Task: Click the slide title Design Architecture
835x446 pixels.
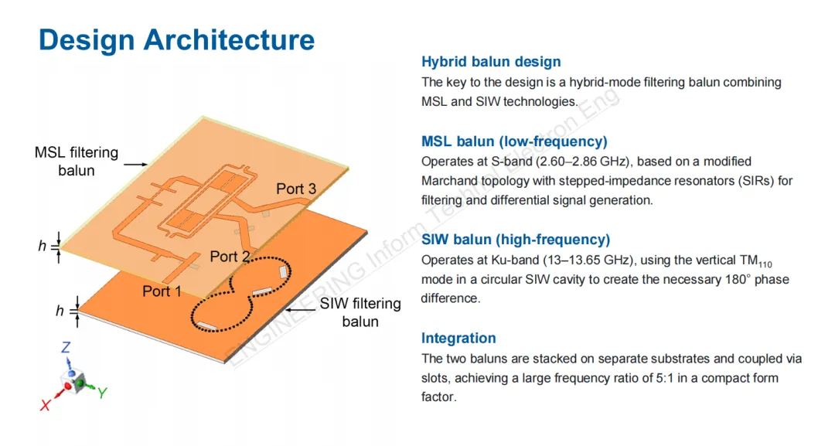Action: tap(176, 39)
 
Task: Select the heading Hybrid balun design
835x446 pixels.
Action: tap(491, 62)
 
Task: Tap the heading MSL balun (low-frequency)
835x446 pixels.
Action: tap(514, 141)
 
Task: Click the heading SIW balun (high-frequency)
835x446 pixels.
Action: tap(516, 240)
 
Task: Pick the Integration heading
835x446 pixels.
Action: tap(458, 338)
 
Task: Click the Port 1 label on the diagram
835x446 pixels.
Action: tap(162, 291)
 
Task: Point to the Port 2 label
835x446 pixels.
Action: tap(230, 257)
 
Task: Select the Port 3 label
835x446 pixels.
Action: tap(296, 189)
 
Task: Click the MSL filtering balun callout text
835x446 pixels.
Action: tap(77, 161)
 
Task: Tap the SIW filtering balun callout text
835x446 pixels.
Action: tap(360, 312)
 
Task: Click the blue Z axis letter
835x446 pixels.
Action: tap(66, 349)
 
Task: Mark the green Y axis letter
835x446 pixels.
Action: tap(101, 393)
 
